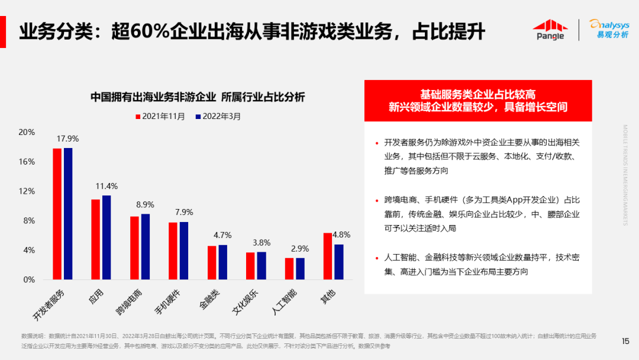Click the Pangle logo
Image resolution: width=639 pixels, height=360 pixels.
[550, 30]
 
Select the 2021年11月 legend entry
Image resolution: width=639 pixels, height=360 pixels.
[160, 117]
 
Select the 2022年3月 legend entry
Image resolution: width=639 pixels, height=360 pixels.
[218, 117]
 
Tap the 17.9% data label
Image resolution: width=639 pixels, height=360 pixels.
[67, 139]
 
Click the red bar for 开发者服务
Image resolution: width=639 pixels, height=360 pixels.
[57, 213]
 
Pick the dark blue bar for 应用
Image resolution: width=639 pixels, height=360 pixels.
[106, 237]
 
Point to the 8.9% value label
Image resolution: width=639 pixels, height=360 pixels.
[145, 205]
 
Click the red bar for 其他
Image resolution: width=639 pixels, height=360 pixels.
[328, 256]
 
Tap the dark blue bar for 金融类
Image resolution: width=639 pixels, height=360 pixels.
[223, 262]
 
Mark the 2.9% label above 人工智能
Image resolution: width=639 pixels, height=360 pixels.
[300, 249]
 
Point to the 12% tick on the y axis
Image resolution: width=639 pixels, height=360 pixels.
[27, 191]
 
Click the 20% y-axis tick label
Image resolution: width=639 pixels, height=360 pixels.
[27, 132]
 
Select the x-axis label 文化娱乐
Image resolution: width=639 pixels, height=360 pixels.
[245, 301]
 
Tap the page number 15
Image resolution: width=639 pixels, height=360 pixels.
[625, 341]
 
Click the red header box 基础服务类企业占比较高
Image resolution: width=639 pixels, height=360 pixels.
[478, 101]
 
